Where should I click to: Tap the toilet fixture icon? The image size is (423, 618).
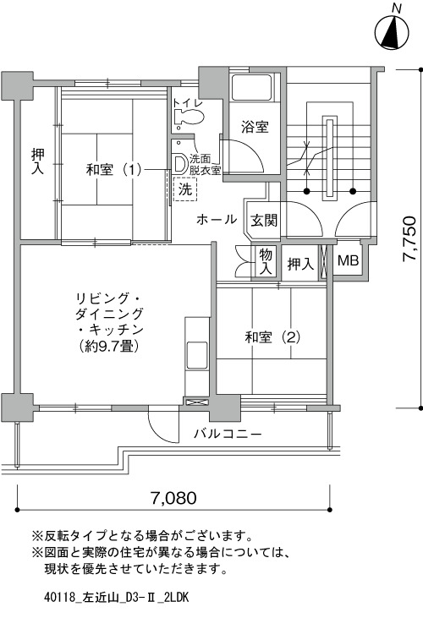(190, 117)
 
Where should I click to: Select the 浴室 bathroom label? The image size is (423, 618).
(255, 127)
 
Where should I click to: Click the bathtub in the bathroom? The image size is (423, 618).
(253, 87)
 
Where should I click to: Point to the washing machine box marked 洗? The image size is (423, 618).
(185, 189)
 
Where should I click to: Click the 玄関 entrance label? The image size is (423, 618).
(264, 220)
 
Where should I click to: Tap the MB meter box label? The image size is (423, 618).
(348, 260)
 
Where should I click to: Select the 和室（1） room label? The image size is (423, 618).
(113, 170)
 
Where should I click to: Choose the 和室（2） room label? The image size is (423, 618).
(272, 337)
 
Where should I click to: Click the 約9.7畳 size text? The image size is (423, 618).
(109, 346)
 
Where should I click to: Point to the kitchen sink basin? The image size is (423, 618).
(196, 355)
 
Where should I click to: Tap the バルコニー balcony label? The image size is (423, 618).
(228, 435)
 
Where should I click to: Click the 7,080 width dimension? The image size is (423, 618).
(173, 498)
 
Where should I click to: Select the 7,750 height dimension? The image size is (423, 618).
(409, 238)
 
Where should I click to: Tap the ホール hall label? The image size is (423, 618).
(217, 220)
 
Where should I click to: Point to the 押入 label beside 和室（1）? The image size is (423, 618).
(38, 161)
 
